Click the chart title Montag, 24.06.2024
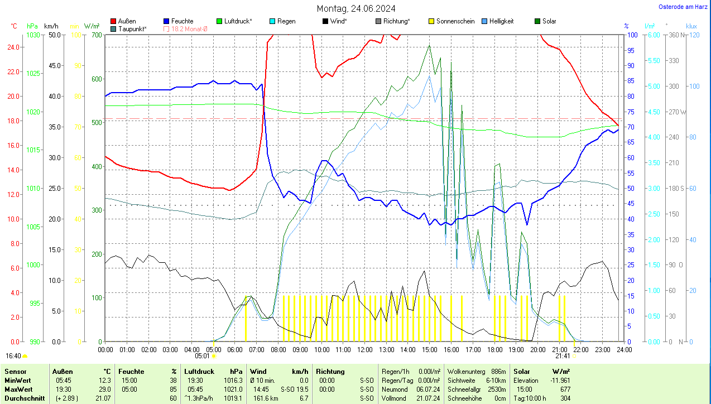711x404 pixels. [x=356, y=8]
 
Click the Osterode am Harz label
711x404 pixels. [x=683, y=7]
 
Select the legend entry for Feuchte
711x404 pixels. [x=182, y=21]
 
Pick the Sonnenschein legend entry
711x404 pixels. [x=455, y=21]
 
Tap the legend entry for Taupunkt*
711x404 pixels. [x=132, y=28]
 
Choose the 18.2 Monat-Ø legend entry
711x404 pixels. [x=189, y=28]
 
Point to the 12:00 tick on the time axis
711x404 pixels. [x=364, y=350]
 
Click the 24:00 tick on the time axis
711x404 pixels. [x=624, y=350]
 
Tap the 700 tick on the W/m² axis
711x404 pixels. [x=97, y=35]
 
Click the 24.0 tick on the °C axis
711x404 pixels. [x=15, y=47]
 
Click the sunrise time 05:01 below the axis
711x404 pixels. [x=202, y=356]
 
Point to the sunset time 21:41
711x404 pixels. [x=563, y=356]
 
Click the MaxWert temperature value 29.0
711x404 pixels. [x=104, y=389]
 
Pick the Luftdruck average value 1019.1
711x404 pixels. [x=233, y=398]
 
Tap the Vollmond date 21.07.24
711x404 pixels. [x=429, y=398]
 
